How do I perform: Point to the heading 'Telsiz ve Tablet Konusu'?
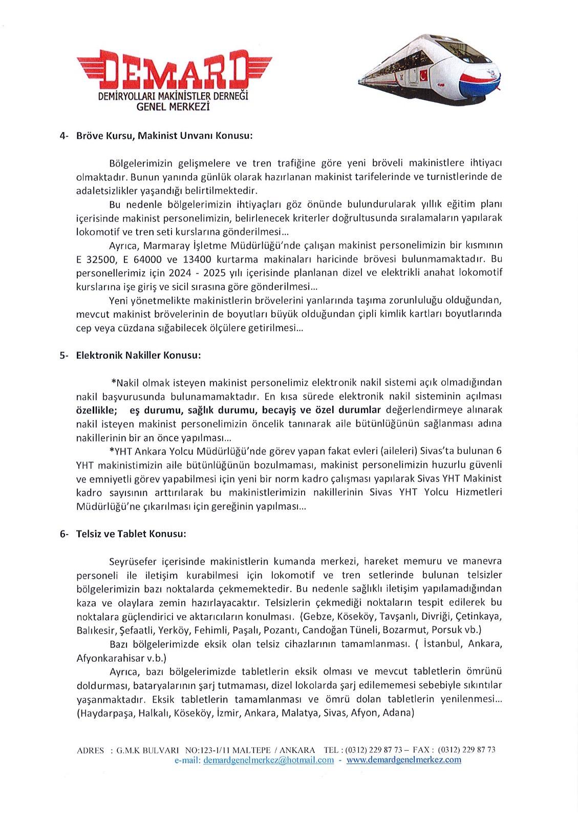131,534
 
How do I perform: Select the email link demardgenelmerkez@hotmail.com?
268,760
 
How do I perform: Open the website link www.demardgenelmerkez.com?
403,760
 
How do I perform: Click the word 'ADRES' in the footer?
90,750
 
